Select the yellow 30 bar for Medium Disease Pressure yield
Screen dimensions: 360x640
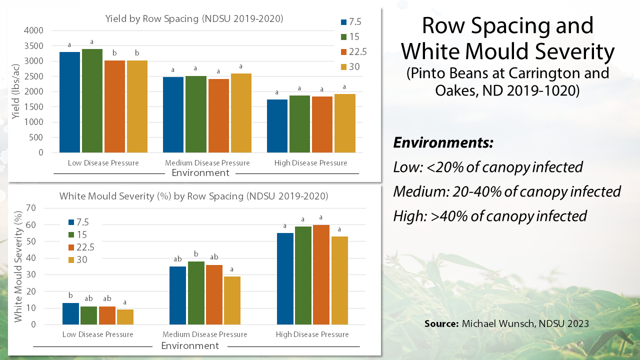point(241,113)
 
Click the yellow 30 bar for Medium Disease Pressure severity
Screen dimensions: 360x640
point(231,300)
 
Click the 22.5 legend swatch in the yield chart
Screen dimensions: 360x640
point(344,51)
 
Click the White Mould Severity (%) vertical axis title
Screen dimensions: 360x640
point(18,266)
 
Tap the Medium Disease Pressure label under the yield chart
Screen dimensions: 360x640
point(207,163)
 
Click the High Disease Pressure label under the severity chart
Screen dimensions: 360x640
point(312,334)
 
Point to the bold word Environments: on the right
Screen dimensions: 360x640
point(443,143)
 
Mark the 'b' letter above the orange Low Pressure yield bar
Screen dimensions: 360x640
point(114,53)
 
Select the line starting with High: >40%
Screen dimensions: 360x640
point(489,216)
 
